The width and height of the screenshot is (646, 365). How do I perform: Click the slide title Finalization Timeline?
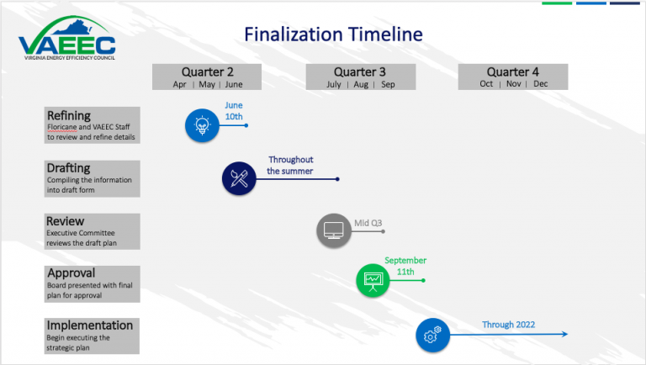pos(333,34)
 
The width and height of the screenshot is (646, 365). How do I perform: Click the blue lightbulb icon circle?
pos(201,125)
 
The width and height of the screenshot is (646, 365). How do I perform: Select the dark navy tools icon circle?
pos(238,178)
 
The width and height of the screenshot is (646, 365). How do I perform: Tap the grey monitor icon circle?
pos(333,229)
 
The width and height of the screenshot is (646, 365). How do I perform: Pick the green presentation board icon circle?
pos(371,280)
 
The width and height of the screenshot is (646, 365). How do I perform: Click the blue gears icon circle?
pos(432,335)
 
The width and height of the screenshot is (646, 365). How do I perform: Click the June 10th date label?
pos(233,111)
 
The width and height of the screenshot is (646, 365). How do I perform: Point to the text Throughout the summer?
pos(290,165)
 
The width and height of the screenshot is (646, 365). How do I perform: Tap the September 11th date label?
pos(405,267)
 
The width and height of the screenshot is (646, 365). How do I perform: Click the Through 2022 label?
pos(508,325)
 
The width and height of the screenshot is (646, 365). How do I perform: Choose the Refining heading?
pos(69,115)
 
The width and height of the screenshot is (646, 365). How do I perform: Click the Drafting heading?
pos(68,168)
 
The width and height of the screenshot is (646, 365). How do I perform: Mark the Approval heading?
pos(71,272)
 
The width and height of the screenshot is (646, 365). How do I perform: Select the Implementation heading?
pos(90,325)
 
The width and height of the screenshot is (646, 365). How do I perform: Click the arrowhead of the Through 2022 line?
pos(565,334)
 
